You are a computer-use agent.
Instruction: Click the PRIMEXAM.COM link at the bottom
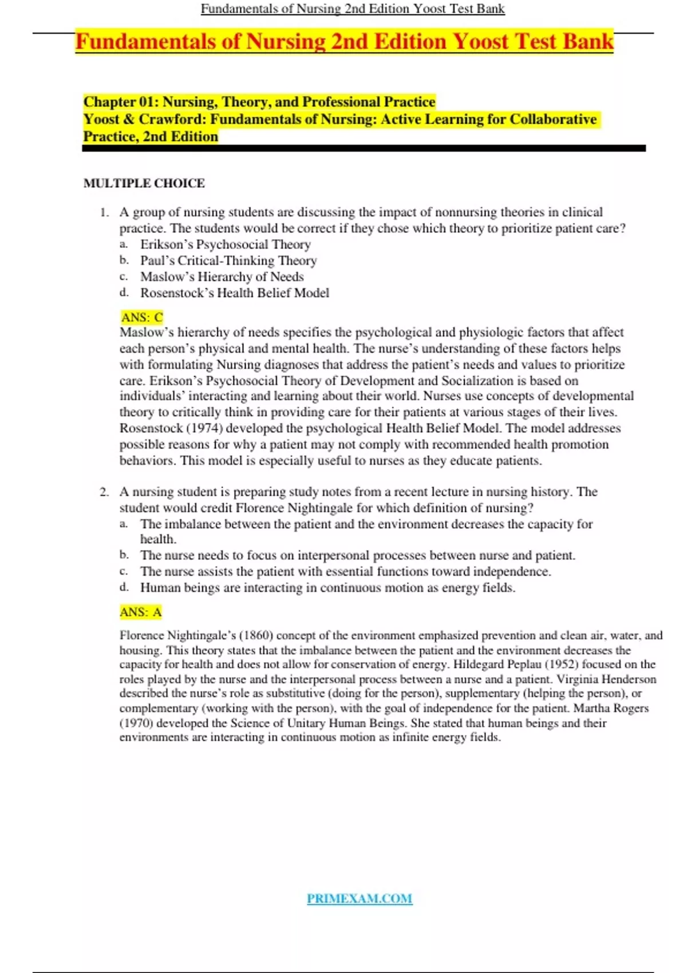(359, 899)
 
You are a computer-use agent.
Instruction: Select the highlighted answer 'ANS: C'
(142, 317)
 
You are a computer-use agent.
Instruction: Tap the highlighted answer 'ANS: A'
(141, 612)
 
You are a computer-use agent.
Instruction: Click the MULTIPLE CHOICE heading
(144, 183)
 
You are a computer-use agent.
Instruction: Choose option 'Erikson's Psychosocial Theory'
(226, 244)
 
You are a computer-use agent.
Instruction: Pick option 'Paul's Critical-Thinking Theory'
(228, 260)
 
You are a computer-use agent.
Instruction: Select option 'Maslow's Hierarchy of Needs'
(222, 276)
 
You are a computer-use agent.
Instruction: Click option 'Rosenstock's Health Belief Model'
(235, 293)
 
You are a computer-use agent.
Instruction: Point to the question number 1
(104, 212)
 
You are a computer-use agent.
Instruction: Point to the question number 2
(104, 492)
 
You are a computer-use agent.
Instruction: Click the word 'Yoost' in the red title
(480, 42)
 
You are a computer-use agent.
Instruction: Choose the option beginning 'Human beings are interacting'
(327, 588)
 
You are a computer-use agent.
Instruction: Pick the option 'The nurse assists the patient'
(345, 571)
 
